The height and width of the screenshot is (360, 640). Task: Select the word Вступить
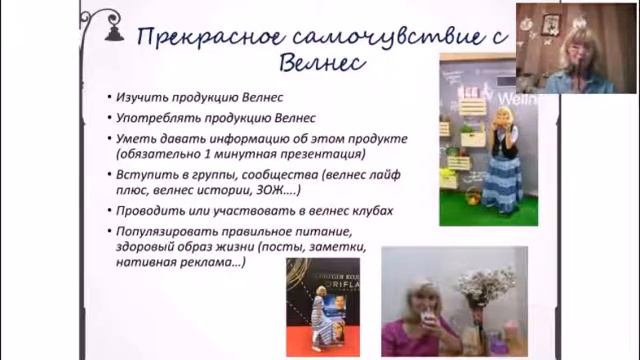tap(141, 174)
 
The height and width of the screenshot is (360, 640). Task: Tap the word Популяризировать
tap(171, 230)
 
